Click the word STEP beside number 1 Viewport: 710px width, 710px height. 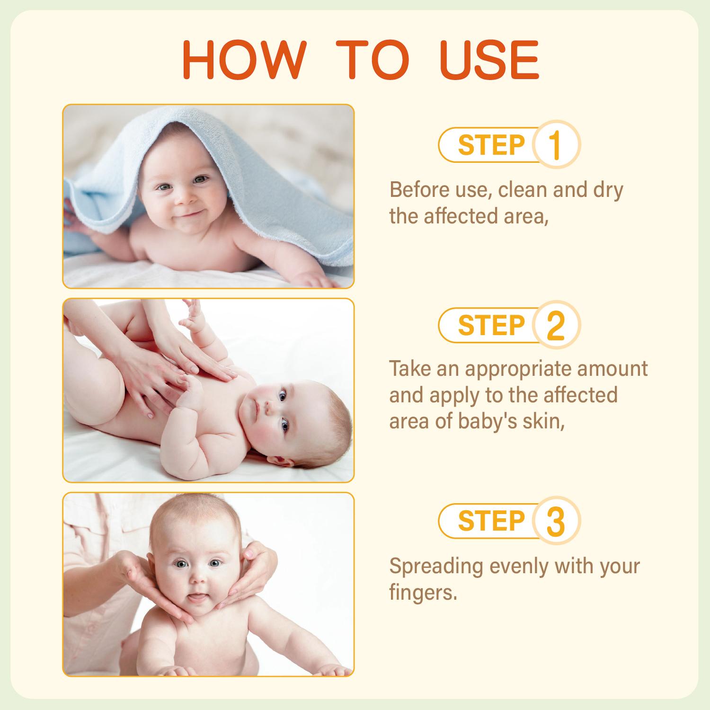coord(491,145)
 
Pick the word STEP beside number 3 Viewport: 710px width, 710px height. coord(491,521)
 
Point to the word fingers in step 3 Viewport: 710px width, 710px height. coord(423,593)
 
